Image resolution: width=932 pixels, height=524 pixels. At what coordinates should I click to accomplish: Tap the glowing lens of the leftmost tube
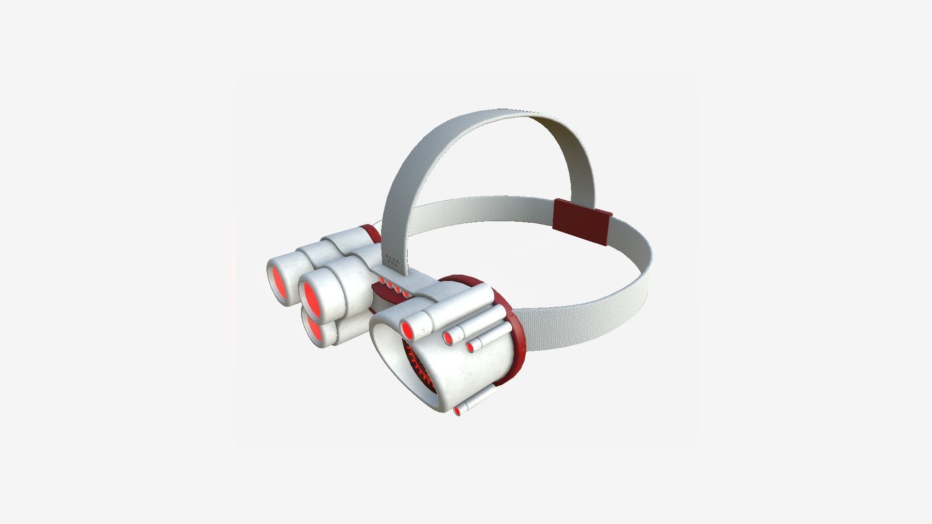tap(279, 283)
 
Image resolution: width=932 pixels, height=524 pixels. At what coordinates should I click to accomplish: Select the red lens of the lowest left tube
tap(313, 329)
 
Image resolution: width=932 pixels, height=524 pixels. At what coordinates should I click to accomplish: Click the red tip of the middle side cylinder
tap(447, 339)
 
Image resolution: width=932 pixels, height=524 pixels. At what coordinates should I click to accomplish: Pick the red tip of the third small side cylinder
tap(470, 347)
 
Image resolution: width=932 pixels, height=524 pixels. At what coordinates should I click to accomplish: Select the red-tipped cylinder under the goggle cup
tap(457, 411)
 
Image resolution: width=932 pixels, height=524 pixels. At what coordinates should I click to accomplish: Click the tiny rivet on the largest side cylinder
tap(423, 331)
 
